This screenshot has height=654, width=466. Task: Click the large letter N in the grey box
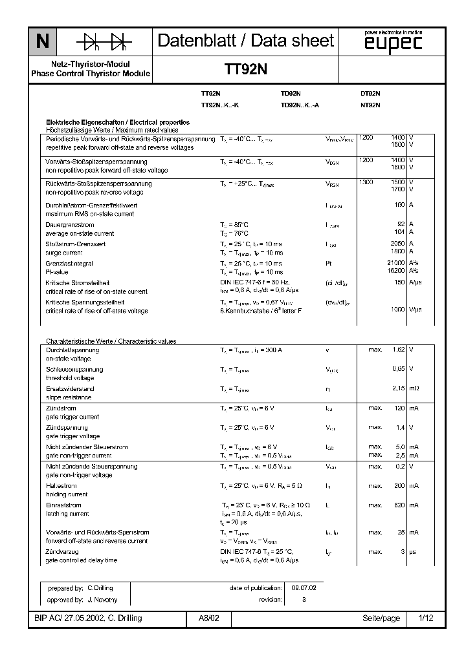pos(42,41)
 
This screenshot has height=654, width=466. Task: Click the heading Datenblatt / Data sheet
pos(246,41)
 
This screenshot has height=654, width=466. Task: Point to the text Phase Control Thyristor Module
pos(91,74)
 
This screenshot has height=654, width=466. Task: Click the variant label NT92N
pos(370,104)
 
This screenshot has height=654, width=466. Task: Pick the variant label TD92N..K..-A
pos(300,104)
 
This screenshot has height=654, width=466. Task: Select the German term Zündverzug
pos(62,552)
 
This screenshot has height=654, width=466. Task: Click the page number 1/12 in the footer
pos(425,618)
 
